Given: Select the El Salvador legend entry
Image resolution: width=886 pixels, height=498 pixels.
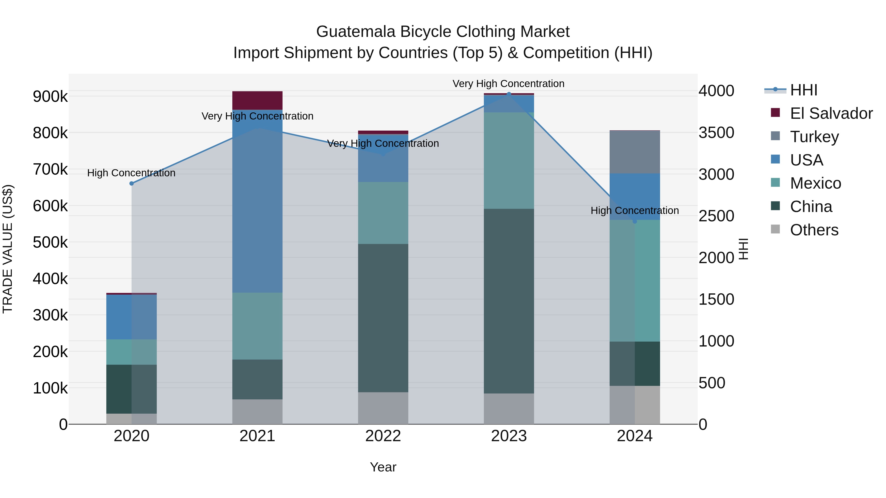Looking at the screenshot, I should [831, 113].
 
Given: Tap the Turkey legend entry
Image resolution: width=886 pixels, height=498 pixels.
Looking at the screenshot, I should [814, 137].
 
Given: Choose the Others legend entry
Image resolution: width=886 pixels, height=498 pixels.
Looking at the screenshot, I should [814, 230].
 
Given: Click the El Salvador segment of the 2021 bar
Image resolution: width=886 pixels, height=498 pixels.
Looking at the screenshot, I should [257, 100].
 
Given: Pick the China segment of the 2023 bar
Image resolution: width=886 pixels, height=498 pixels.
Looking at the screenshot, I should [509, 301].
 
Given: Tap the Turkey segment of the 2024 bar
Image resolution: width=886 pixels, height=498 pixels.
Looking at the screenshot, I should [634, 152].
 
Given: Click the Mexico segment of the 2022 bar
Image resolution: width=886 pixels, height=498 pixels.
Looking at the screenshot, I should [383, 213].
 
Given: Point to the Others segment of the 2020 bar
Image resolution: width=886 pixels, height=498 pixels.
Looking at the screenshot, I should [131, 419].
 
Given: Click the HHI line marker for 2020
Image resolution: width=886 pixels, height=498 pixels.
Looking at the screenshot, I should [131, 183].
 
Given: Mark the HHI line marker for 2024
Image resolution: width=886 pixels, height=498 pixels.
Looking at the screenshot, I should [634, 221].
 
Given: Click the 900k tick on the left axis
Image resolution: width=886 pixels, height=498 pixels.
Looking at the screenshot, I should [50, 97].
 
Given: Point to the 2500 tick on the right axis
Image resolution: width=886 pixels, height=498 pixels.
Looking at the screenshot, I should [716, 216].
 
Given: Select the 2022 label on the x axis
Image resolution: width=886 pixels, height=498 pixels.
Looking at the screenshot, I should [383, 436].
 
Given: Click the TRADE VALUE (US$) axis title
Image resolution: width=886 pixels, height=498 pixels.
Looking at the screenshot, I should [8, 249].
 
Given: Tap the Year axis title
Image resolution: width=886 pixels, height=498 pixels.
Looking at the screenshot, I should [383, 467].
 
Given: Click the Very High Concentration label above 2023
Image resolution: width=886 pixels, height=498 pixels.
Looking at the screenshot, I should [508, 84].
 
